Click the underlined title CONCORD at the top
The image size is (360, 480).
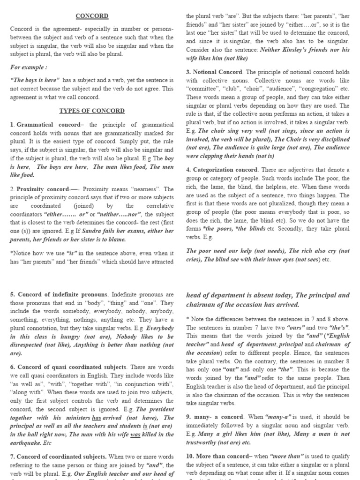(92, 16)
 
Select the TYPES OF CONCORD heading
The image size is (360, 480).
(92, 111)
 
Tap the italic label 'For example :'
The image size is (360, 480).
(28, 67)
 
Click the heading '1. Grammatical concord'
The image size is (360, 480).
(43, 125)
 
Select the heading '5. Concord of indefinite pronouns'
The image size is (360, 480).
(59, 294)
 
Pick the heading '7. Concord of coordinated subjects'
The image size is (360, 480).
(59, 456)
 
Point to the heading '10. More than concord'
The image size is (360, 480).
(220, 456)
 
